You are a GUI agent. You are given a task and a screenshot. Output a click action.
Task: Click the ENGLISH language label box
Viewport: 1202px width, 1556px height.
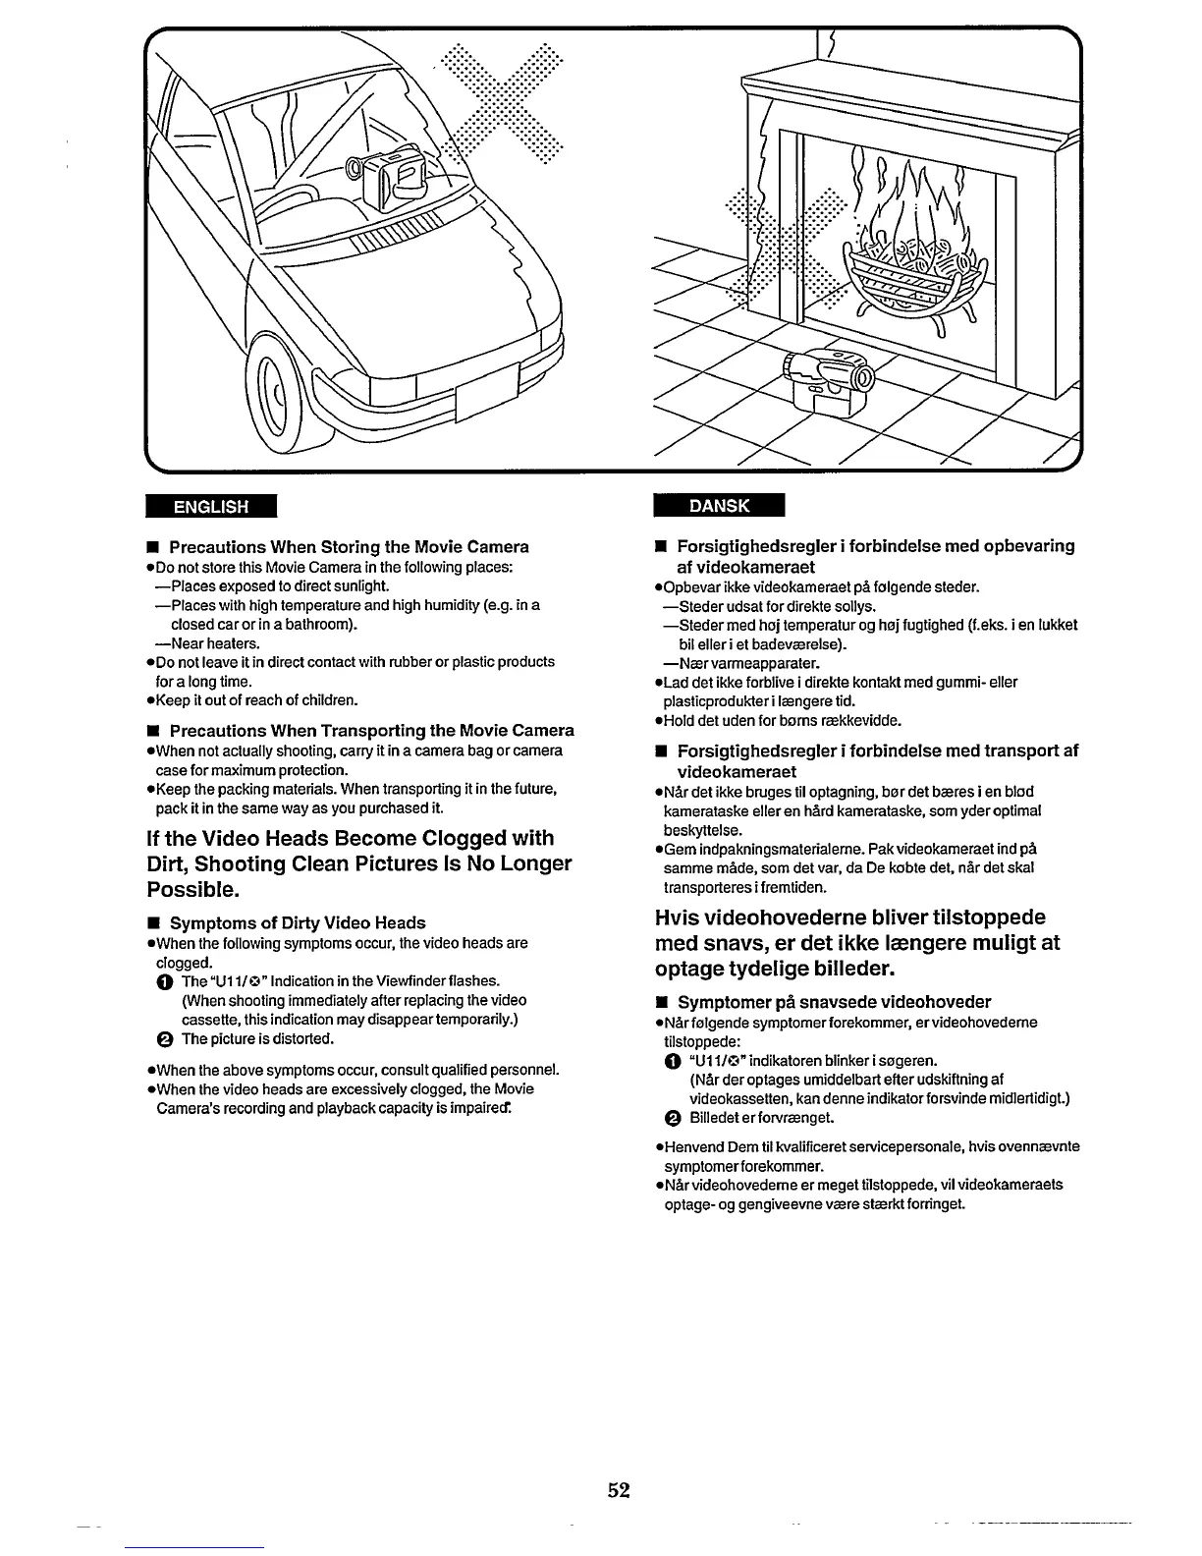point(211,507)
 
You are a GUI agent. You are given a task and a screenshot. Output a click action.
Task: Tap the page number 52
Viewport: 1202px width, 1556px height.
point(618,1490)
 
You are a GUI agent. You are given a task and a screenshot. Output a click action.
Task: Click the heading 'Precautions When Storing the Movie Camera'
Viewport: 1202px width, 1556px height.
point(349,547)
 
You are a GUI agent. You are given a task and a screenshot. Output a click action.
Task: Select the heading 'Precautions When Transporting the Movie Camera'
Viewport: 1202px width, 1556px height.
point(371,731)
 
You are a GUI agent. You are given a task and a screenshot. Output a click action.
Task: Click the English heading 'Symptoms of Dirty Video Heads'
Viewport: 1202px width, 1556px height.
point(298,923)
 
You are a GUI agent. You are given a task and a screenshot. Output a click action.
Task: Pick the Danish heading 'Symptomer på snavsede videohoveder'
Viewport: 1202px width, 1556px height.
point(834,1003)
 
